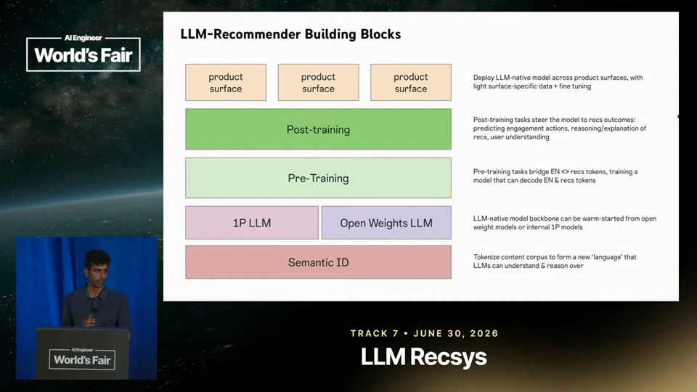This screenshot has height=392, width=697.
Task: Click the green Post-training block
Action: click(318, 129)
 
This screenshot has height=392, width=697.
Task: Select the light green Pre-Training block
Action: click(318, 178)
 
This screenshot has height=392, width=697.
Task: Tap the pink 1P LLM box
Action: click(252, 223)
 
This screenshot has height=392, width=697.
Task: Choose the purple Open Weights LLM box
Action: click(386, 223)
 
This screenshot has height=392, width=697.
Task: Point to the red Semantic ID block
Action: click(318, 262)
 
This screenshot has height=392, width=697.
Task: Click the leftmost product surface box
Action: click(226, 82)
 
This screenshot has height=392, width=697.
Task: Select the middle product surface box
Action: click(318, 82)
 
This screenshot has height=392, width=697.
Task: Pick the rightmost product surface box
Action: click(411, 82)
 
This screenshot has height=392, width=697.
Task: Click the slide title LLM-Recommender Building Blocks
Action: click(290, 34)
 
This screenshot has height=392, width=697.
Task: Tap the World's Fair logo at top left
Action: click(83, 52)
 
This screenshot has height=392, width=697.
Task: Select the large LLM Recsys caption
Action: click(423, 357)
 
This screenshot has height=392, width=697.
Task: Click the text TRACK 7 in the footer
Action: click(375, 333)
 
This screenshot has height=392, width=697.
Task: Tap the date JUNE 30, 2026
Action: click(456, 333)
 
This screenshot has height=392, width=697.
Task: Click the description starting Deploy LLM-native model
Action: click(558, 82)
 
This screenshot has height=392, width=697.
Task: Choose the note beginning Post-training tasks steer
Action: click(560, 128)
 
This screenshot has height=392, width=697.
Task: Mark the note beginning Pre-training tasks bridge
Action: click(555, 176)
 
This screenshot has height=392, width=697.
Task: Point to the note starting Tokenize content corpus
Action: click(555, 261)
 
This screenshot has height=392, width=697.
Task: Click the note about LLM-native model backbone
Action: click(565, 223)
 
